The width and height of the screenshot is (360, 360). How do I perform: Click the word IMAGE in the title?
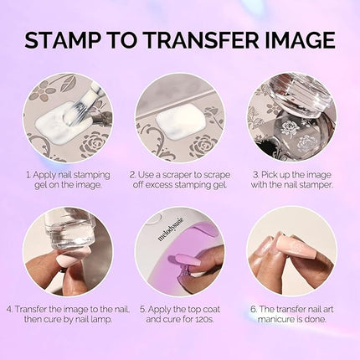[296, 39]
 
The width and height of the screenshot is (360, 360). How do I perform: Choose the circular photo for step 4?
[68, 251]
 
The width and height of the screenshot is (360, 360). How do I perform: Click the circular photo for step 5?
[180, 251]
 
